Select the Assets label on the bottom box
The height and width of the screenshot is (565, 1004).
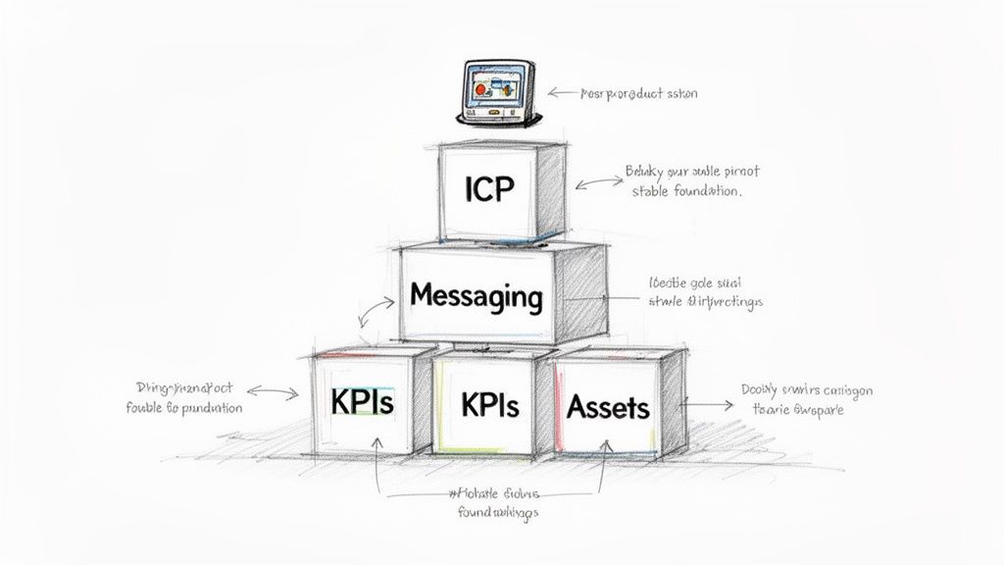[608, 404]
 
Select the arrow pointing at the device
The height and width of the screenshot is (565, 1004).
[563, 93]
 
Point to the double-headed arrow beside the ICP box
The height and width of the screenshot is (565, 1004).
[594, 181]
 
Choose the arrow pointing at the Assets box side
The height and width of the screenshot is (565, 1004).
[709, 402]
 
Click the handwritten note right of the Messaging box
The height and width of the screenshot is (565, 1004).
[705, 292]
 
